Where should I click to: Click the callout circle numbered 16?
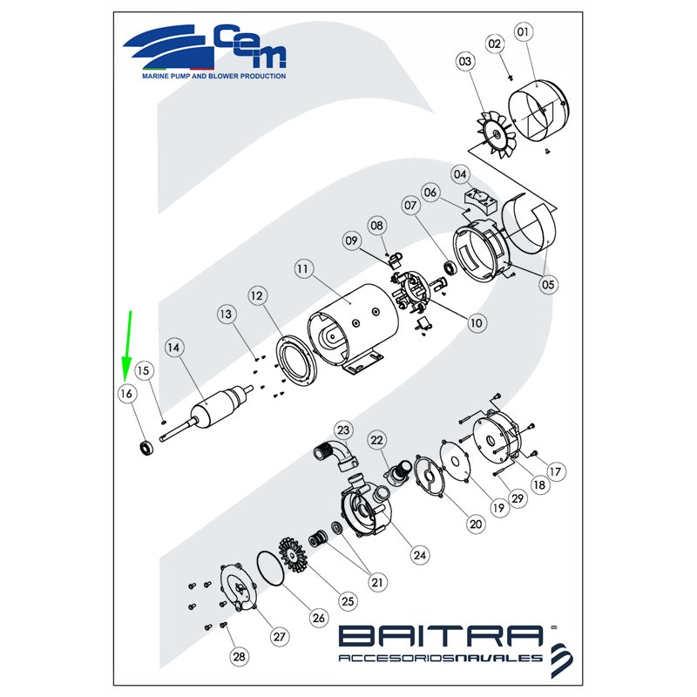(126, 394)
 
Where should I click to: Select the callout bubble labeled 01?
(524, 32)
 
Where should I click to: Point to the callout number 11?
(303, 269)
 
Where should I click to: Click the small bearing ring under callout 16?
(146, 448)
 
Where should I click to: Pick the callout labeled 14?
(173, 347)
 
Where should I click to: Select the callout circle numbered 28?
(239, 657)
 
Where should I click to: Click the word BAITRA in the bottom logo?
(441, 636)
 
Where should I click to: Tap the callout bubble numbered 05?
(548, 285)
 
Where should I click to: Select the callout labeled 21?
(377, 582)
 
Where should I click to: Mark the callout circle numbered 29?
(518, 498)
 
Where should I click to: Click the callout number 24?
(420, 555)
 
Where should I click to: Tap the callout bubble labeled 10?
(476, 322)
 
